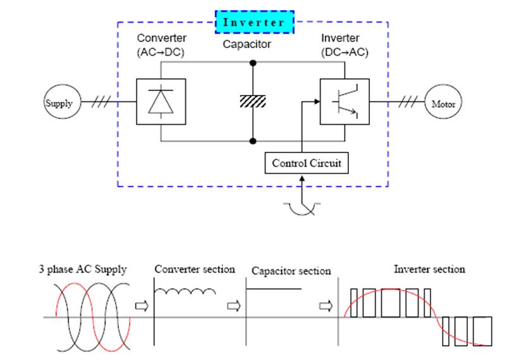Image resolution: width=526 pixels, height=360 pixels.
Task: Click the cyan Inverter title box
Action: pos(255,22)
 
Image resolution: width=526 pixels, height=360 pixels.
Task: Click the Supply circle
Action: pos(61,103)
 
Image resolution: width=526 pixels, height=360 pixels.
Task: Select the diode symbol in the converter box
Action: pos(161,102)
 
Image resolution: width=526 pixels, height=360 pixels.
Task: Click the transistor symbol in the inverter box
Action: pos(345,102)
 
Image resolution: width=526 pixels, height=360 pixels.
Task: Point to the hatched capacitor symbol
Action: pos(253,102)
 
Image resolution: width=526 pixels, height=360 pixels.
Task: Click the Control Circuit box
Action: pos(307,163)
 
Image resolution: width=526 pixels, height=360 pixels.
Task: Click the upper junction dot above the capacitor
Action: pos(253,63)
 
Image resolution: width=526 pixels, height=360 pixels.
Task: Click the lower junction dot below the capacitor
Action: pos(253,140)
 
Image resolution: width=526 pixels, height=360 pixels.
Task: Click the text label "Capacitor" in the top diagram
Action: pos(247,44)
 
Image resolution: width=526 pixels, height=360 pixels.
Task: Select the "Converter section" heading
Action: pos(195,269)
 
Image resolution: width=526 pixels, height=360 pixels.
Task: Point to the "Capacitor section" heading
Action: pos(291,271)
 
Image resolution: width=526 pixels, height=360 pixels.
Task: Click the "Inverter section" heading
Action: pos(429,269)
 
